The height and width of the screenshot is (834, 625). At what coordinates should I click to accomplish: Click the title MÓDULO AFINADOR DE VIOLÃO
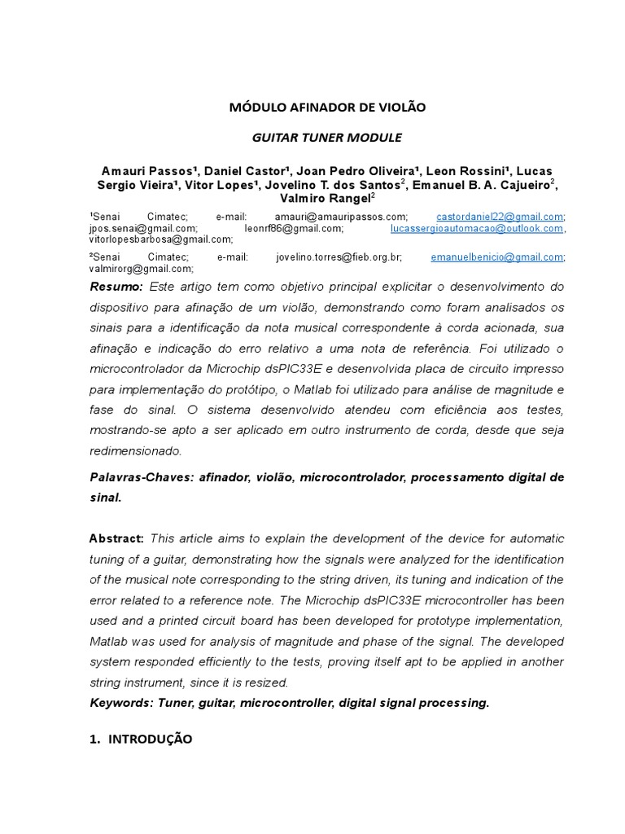[327, 107]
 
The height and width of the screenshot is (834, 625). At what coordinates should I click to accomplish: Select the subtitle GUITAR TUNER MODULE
[327, 138]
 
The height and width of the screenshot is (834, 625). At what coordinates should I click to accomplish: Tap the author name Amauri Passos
[146, 171]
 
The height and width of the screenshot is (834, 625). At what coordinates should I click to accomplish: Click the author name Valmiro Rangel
[325, 198]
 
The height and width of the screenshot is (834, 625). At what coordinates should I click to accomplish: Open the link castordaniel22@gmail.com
[500, 217]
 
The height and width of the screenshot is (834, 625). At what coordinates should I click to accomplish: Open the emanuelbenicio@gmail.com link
[496, 257]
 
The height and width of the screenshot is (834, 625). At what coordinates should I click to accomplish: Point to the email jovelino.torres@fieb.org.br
[339, 257]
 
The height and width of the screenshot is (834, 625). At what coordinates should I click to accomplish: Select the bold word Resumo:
[116, 287]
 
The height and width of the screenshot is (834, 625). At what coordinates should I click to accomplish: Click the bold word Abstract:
[116, 538]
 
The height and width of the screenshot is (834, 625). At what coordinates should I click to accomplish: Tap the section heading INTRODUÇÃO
[151, 739]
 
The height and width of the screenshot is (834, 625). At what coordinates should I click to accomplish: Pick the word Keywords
[117, 703]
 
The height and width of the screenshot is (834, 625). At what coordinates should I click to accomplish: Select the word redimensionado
[135, 450]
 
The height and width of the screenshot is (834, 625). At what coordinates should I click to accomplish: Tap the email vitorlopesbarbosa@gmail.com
[160, 239]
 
